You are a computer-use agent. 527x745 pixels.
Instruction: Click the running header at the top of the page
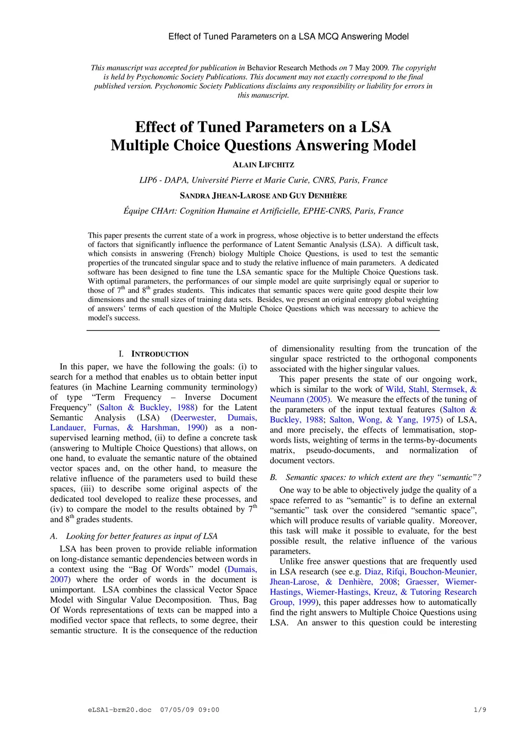pos(288,37)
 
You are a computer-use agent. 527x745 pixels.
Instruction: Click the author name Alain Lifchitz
pos(263,165)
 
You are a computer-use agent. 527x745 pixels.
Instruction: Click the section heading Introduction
pos(160,354)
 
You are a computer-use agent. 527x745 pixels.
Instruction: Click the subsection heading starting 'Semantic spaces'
pos(381,477)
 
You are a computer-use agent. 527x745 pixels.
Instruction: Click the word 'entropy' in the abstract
pos(325,299)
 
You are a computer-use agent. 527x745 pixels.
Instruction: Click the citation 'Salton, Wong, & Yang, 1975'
pos(384,420)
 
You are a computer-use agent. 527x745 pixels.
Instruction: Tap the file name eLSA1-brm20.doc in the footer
pos(120,710)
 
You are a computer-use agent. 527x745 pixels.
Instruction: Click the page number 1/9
pos(480,710)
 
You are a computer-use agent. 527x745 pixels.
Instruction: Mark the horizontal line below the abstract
pos(263,330)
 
